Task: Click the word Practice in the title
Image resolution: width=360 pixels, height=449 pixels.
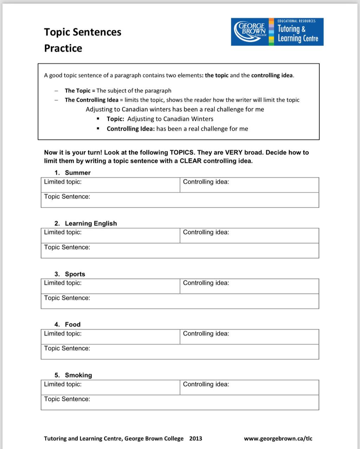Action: tap(63, 48)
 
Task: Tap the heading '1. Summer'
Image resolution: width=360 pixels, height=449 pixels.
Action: tap(73, 173)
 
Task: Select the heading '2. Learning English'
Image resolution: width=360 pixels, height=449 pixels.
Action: tap(86, 223)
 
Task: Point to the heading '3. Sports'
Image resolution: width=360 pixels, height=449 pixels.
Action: tap(70, 274)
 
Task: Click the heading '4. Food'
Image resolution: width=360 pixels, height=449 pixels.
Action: tap(67, 324)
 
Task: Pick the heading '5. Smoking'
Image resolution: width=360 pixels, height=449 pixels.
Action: tap(73, 375)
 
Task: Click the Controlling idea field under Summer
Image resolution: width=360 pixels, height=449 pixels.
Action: tap(249, 185)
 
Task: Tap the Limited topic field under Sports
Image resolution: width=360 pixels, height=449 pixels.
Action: tap(110, 286)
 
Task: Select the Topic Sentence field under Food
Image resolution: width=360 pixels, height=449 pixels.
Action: tap(180, 352)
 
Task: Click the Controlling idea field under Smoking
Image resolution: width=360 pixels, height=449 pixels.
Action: tap(249, 388)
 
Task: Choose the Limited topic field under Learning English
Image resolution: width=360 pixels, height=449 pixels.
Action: tap(110, 236)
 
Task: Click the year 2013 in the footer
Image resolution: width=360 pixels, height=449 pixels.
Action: tap(196, 438)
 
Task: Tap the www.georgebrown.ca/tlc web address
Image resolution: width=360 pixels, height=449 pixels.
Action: tap(278, 438)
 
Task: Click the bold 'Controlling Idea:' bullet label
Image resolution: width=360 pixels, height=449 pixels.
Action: tap(131, 129)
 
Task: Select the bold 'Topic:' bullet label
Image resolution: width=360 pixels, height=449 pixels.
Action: tap(116, 119)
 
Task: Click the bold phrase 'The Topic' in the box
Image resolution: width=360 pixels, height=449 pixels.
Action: tap(78, 91)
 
